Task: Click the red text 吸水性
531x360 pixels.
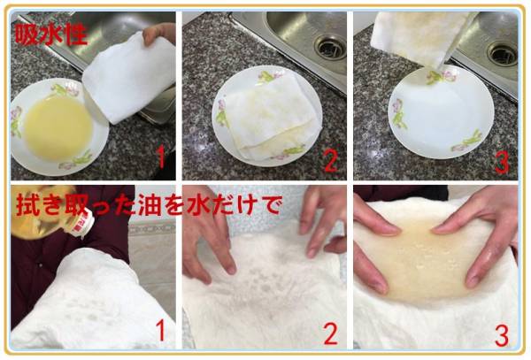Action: point(51,34)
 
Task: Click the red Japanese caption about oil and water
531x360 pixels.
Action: point(149,204)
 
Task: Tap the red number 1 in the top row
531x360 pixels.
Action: point(161,159)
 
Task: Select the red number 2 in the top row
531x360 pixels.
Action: point(330,160)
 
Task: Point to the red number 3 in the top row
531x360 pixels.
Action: point(502,161)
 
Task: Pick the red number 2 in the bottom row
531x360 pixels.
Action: point(330,333)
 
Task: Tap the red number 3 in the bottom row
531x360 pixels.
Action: point(502,336)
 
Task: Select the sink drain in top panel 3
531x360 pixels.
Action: point(502,53)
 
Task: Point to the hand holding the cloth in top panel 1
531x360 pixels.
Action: point(158,33)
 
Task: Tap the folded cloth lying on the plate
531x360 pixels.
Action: point(271,117)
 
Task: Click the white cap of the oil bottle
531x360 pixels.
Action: point(81,223)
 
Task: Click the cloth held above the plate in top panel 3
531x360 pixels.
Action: point(422,39)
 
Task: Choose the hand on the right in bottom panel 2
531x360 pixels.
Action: point(322,221)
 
